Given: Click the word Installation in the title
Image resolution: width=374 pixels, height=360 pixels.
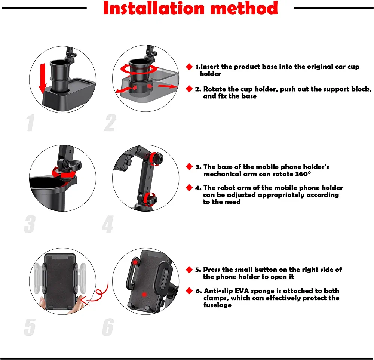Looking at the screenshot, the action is point(154,8).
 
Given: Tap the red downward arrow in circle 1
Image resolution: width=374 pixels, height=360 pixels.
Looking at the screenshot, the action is point(43,79).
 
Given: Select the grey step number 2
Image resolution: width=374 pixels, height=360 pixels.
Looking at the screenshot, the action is point(110,123).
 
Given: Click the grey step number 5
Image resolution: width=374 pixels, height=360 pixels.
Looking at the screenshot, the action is point(30,327).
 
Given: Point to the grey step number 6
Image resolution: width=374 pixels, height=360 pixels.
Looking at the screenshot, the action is point(108,327).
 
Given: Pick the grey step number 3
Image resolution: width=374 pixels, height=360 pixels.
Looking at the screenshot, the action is point(30,224).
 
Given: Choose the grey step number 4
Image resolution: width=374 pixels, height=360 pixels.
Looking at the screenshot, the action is point(108,224).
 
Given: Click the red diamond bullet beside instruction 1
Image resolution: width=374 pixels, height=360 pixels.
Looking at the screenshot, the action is point(189,67).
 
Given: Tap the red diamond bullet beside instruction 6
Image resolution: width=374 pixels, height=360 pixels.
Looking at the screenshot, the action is point(189,291).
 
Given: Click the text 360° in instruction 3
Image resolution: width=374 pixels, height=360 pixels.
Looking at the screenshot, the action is point(303,174).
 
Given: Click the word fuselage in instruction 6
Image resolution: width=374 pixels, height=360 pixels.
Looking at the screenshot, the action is point(217,305).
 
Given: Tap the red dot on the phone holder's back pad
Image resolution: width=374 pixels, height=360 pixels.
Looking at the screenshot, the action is point(144,295).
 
